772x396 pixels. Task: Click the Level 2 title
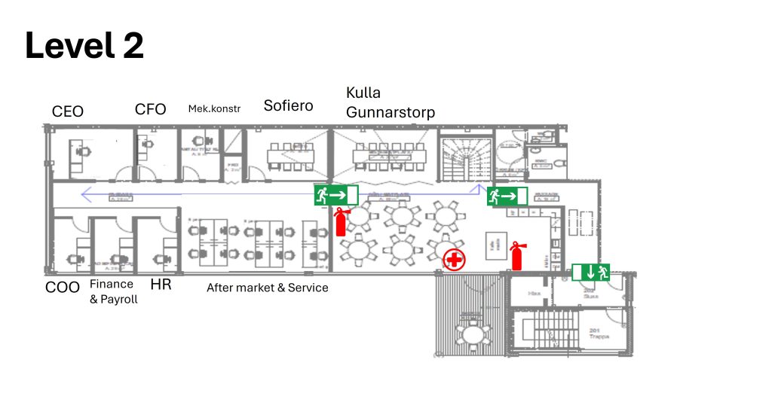pyautogui.click(x=84, y=47)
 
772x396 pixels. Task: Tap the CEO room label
pyautogui.click(x=68, y=111)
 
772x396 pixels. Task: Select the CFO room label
pyautogui.click(x=150, y=109)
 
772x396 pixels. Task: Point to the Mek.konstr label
pyautogui.click(x=214, y=108)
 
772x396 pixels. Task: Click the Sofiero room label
pyautogui.click(x=288, y=105)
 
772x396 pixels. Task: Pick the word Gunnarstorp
pyautogui.click(x=391, y=112)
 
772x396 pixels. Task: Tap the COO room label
pyautogui.click(x=62, y=286)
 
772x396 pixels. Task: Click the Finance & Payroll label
pyautogui.click(x=113, y=291)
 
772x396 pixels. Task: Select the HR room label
pyautogui.click(x=161, y=285)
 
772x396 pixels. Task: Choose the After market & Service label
pyautogui.click(x=268, y=287)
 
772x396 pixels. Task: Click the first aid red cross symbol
pyautogui.click(x=454, y=260)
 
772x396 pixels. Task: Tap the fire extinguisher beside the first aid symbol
pyautogui.click(x=517, y=256)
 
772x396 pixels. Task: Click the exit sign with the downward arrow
pyautogui.click(x=590, y=272)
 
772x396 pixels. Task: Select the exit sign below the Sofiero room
pyautogui.click(x=335, y=195)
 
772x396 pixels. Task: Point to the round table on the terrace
pyautogui.click(x=472, y=334)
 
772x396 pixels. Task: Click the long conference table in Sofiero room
pyautogui.click(x=292, y=154)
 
